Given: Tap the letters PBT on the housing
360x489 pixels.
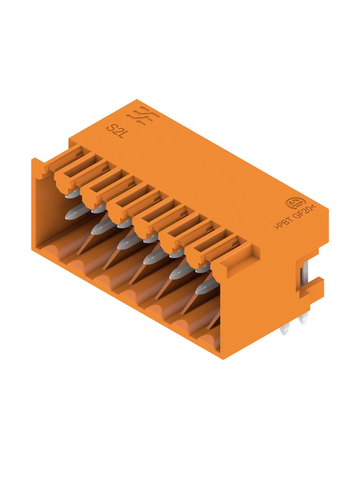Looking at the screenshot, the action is point(283,223).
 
